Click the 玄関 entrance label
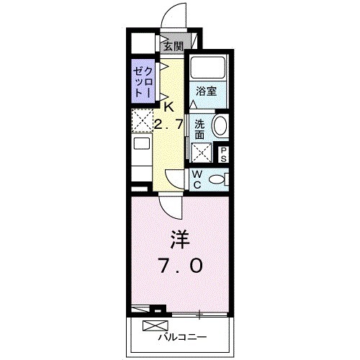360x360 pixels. [x=172, y=46]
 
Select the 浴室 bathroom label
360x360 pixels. [x=207, y=91]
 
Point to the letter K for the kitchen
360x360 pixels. [x=168, y=106]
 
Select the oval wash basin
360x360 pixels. [x=220, y=127]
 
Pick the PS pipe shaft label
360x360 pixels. [x=224, y=153]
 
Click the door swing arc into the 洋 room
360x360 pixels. [x=171, y=206]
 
